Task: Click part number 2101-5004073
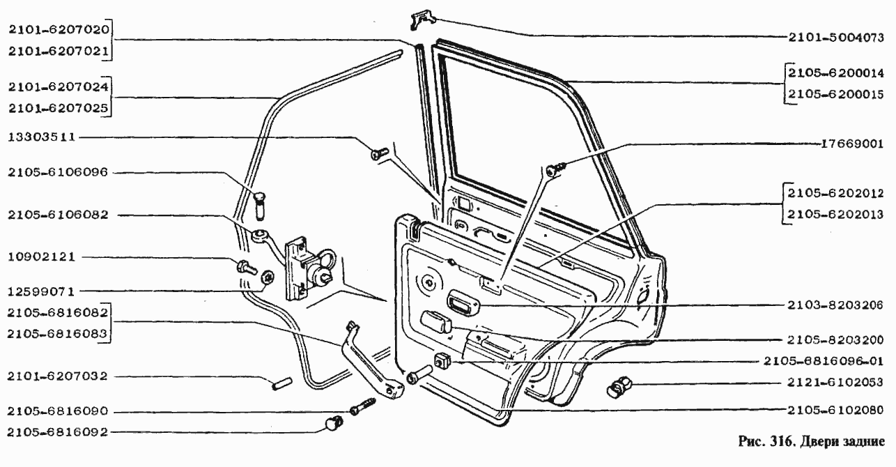pos(836,37)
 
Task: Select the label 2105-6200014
pos(836,72)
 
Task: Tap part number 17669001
pos(852,144)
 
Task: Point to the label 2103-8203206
pos(835,305)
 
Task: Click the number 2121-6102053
pos(835,382)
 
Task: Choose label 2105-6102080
pos(835,410)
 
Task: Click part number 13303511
pos(42,137)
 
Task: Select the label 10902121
pos(42,257)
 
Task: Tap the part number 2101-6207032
pos(58,376)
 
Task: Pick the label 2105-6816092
pos(58,432)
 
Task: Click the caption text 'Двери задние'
pos(842,442)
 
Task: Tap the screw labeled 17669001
pos(556,169)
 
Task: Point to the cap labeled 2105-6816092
pos(333,422)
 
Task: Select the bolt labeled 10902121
pos(247,268)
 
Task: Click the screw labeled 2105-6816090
pos(363,406)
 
